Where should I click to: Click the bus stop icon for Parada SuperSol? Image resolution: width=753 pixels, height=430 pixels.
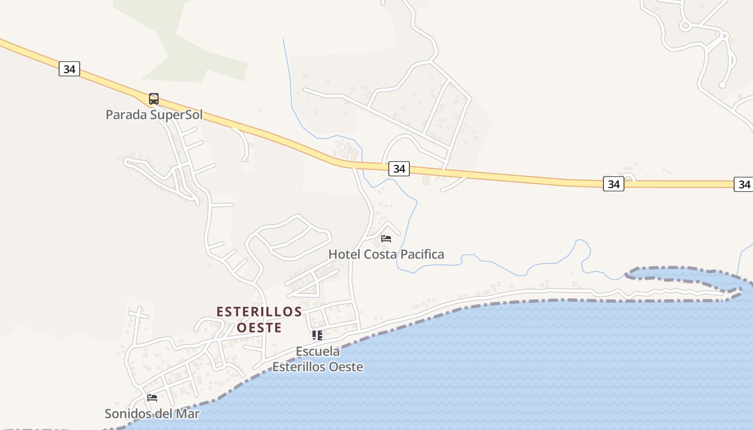pyautogui.click(x=154, y=99)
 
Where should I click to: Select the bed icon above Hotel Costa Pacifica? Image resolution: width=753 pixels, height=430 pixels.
pyautogui.click(x=386, y=238)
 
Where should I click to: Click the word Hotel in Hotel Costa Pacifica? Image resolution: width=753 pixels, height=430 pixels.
pyautogui.click(x=344, y=254)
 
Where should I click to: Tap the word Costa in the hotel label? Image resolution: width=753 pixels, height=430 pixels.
pyautogui.click(x=379, y=254)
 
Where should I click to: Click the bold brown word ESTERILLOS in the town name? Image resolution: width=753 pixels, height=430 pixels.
pyautogui.click(x=259, y=312)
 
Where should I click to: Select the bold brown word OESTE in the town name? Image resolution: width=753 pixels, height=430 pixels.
pyautogui.click(x=259, y=327)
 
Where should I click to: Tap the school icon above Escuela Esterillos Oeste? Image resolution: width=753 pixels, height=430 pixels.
pyautogui.click(x=317, y=336)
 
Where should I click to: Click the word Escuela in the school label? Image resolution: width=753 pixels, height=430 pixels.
pyautogui.click(x=318, y=352)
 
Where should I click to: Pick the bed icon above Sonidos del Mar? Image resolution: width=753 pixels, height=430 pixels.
pyautogui.click(x=152, y=398)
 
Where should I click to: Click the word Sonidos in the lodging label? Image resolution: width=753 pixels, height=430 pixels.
pyautogui.click(x=125, y=414)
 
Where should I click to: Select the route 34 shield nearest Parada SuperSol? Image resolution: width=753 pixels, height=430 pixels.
pyautogui.click(x=69, y=69)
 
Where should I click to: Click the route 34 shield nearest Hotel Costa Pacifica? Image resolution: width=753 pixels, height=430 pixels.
pyautogui.click(x=399, y=169)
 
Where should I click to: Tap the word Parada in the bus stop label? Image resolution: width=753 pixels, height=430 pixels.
pyautogui.click(x=125, y=114)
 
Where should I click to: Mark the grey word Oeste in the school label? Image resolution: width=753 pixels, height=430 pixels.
pyautogui.click(x=346, y=367)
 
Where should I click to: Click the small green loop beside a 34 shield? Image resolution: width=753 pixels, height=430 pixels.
pyautogui.click(x=628, y=177)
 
